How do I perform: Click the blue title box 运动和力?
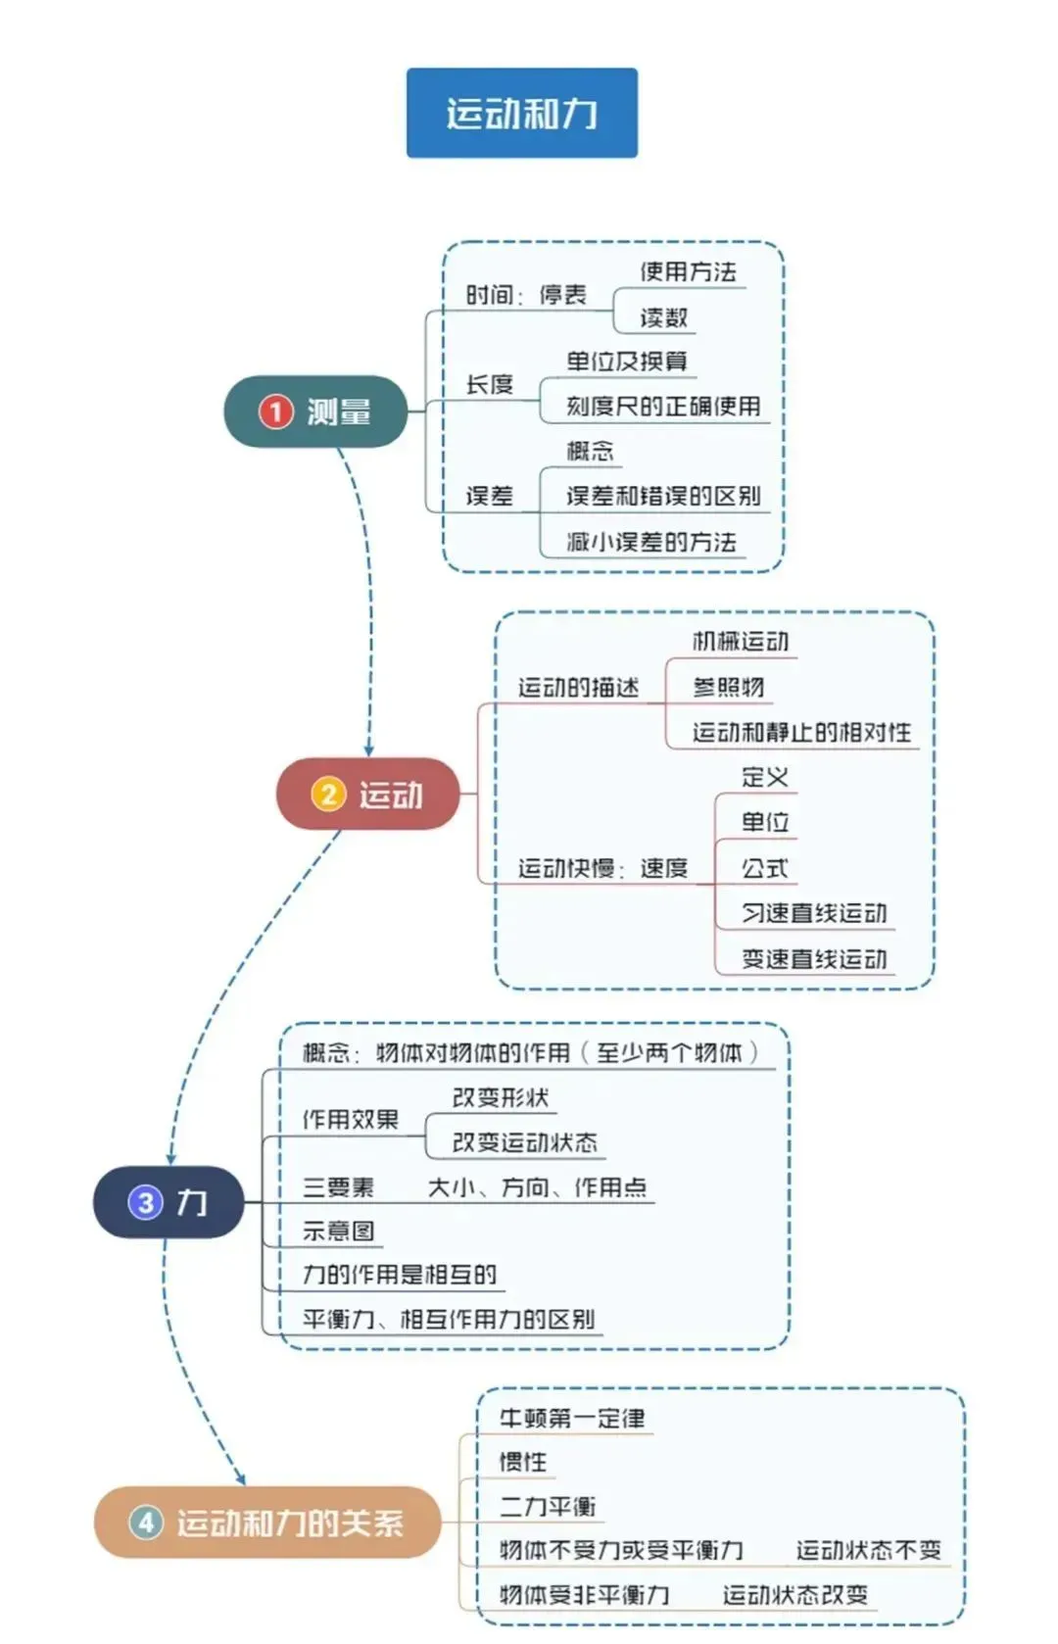pos(521,113)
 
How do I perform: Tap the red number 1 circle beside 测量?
pos(275,411)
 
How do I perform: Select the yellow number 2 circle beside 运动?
pos(328,794)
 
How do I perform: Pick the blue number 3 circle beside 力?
pos(145,1202)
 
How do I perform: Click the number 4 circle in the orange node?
pos(146,1523)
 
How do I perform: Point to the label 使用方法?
pos(688,271)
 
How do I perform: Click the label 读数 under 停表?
pos(663,317)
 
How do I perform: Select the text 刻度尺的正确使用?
pos(663,406)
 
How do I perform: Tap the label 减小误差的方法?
pos(650,542)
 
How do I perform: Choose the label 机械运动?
pos(740,642)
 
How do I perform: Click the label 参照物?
pos(728,687)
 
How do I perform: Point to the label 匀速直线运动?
pos(813,913)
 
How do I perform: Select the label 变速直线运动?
pos(813,959)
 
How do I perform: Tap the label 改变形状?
pos(500,1097)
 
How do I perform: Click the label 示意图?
pos(338,1232)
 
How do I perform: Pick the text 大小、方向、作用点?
pos(537,1187)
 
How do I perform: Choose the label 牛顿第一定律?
pos(572,1418)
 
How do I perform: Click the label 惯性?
pos(522,1462)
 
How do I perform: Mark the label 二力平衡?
pos(547,1506)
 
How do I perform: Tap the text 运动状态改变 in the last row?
pos(794,1595)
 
